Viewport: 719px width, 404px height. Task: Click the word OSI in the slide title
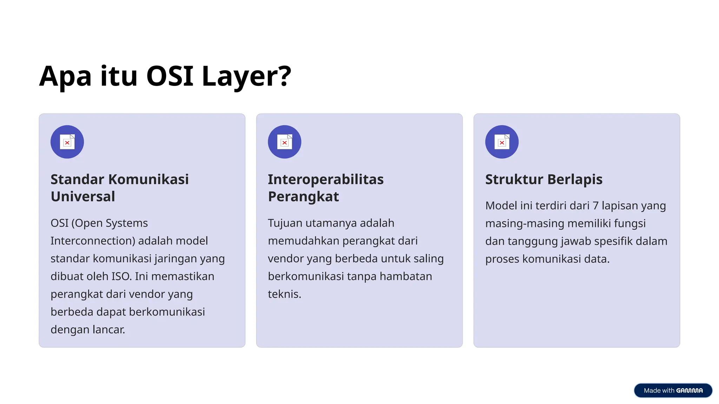pos(170,76)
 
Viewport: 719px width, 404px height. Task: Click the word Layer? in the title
pos(246,76)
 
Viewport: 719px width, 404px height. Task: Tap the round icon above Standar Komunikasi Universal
pos(67,142)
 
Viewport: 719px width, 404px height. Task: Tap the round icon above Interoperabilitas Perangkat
pos(284,142)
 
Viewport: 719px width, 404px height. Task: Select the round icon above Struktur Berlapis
pos(502,142)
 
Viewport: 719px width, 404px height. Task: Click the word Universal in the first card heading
pos(83,196)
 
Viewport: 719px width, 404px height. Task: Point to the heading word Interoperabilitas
pos(325,179)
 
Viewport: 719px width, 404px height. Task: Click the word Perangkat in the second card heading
pos(303,196)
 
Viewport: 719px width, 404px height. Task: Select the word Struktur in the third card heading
pos(514,179)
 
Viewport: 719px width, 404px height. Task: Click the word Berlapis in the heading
pos(575,179)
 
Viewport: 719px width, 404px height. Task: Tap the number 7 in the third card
pos(595,206)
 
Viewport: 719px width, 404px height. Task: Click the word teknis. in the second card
pos(284,294)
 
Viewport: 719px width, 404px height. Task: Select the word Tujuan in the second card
pos(285,223)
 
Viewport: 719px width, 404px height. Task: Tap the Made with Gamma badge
pos(673,390)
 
